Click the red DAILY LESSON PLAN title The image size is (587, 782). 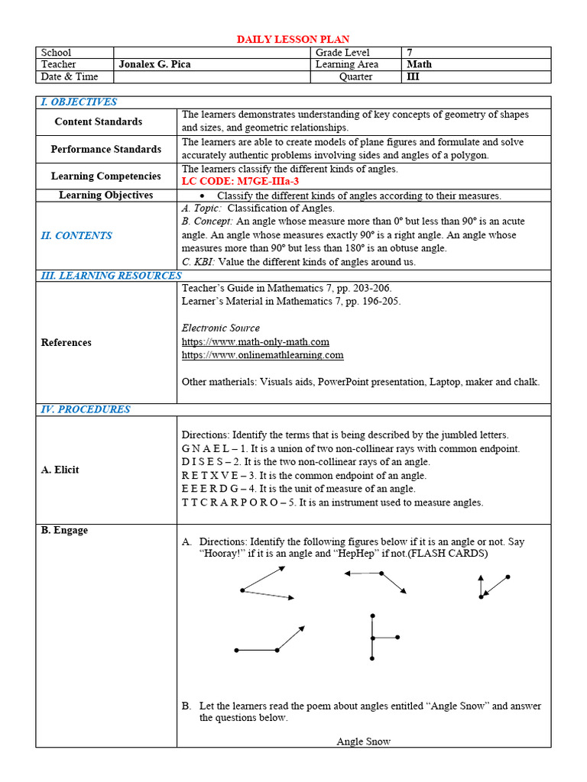(293, 39)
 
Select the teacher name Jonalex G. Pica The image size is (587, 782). (154, 65)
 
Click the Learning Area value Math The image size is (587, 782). (419, 65)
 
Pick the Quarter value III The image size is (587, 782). (413, 77)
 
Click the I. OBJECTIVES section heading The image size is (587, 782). (79, 102)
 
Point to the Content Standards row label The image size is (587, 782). (98, 121)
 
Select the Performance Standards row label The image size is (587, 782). (105, 149)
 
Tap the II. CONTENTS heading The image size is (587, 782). (76, 236)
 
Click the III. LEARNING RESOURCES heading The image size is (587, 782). (111, 276)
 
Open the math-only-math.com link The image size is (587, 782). (255, 342)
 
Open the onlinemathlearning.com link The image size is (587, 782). (262, 355)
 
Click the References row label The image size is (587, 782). (66, 343)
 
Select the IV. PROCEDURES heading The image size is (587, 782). (85, 409)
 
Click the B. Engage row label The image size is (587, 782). (64, 531)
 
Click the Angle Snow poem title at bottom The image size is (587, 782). (363, 742)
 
